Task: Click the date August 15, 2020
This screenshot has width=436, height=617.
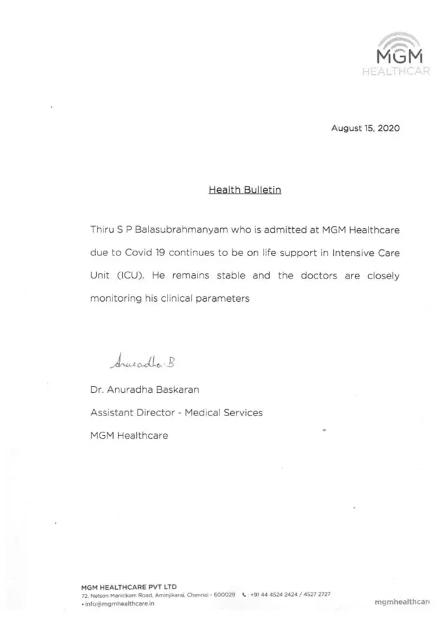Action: (365, 128)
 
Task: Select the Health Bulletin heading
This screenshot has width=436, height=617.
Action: (245, 190)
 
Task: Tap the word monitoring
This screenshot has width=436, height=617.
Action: (118, 300)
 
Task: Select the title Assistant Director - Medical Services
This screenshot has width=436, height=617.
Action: (176, 413)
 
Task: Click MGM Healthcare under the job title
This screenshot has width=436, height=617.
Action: (129, 435)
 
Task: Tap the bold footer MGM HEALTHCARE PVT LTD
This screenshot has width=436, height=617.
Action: (129, 586)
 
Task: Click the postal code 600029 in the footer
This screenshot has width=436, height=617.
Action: (225, 595)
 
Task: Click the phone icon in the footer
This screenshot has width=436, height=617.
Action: (243, 595)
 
